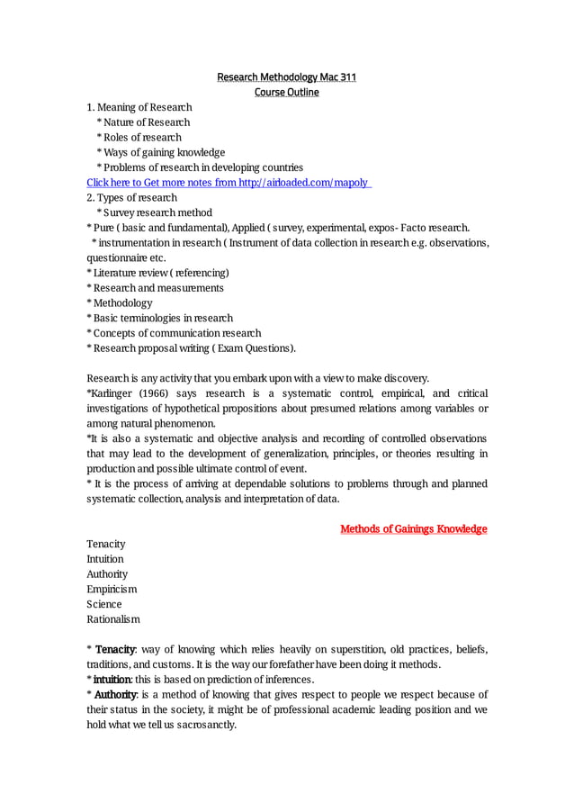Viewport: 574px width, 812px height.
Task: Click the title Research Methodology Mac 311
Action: (x=286, y=77)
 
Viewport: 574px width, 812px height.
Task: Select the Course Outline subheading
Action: (x=286, y=93)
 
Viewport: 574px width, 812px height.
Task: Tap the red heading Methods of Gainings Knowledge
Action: (x=413, y=528)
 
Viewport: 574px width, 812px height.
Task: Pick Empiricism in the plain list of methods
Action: (x=112, y=589)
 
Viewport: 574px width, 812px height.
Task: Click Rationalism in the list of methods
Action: (x=113, y=619)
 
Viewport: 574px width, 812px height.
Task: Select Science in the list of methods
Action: (x=103, y=604)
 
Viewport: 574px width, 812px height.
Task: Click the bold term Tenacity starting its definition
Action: (x=115, y=649)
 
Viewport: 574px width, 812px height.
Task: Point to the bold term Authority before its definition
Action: (x=116, y=694)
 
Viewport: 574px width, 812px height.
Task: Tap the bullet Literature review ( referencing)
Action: (x=158, y=273)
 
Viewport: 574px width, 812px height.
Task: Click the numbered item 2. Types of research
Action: (x=131, y=198)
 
